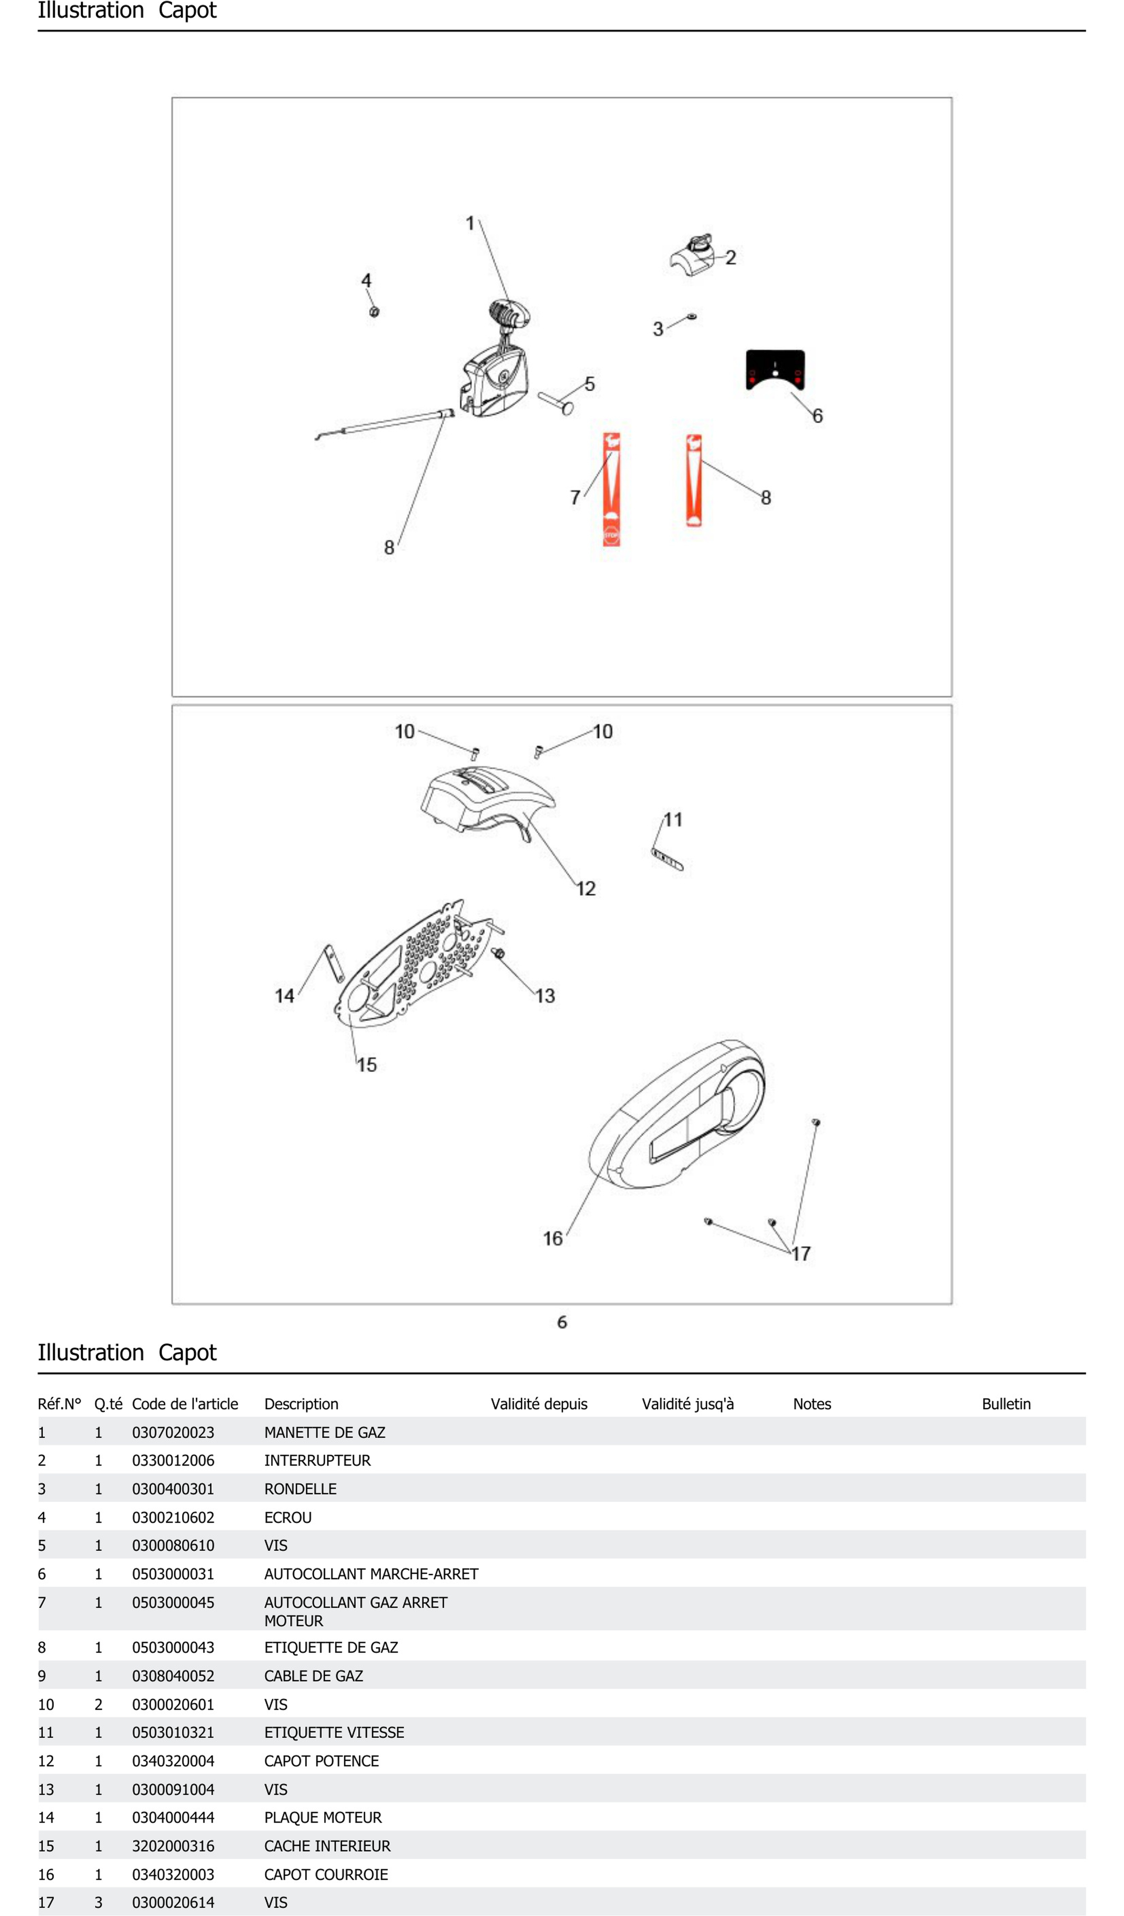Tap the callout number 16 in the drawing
click(x=552, y=1239)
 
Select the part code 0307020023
click(x=173, y=1432)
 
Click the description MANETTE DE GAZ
click(x=324, y=1432)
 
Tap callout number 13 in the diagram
click(x=545, y=996)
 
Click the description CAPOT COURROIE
click(x=326, y=1874)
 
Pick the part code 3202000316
click(x=173, y=1846)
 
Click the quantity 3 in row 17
click(x=98, y=1902)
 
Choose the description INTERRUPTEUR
click(x=317, y=1461)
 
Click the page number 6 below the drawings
click(x=562, y=1322)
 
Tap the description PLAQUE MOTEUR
click(x=323, y=1817)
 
